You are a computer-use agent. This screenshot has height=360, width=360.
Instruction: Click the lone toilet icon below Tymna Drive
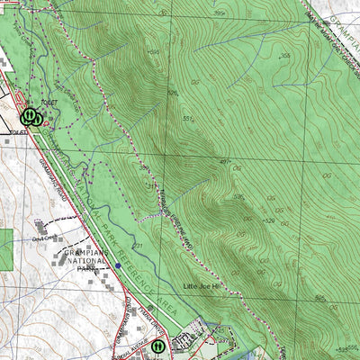tap(157, 345)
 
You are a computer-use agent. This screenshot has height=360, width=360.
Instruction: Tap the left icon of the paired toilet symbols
tap(28, 116)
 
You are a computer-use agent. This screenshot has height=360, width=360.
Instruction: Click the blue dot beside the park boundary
tap(118, 265)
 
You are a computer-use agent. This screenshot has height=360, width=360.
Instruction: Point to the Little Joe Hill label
tap(202, 286)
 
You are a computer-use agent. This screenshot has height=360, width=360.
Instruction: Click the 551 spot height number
tap(188, 118)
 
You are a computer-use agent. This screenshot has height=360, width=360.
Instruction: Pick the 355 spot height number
tap(284, 57)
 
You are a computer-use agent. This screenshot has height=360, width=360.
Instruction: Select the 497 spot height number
tap(225, 160)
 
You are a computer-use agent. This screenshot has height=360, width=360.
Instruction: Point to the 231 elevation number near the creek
tap(137, 244)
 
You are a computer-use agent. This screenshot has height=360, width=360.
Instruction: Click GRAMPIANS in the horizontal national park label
tap(86, 254)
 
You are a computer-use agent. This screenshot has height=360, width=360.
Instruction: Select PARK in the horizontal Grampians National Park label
tap(86, 269)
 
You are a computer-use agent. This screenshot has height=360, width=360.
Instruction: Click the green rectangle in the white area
tap(5, 249)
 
